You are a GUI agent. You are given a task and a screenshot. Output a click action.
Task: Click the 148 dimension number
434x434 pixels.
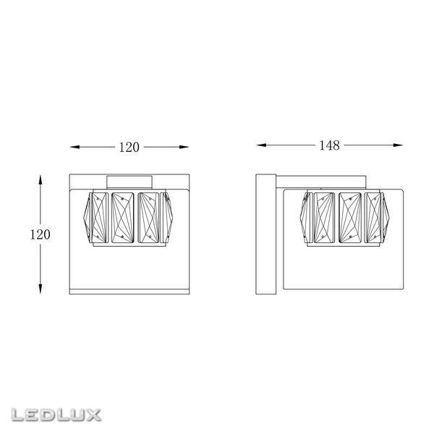pos(329,145)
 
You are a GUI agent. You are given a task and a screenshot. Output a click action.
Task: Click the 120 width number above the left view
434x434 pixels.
pos(129,148)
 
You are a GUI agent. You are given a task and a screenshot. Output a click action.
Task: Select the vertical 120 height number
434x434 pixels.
pos(40,234)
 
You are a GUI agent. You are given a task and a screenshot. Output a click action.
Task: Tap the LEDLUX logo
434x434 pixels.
pos(56,415)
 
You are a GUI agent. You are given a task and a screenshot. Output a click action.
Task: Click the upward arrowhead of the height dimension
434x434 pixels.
pos(41,179)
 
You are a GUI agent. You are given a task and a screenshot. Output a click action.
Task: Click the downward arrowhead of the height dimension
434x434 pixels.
pos(41,289)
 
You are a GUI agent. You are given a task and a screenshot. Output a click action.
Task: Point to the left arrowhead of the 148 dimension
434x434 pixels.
pos(261,145)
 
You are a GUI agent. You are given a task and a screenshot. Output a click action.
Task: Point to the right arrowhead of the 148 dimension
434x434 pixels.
pos(398,145)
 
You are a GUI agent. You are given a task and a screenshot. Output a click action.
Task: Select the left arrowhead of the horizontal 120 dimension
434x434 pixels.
pos(75,147)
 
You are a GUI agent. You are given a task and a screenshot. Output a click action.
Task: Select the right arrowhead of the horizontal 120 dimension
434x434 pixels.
pos(184,147)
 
